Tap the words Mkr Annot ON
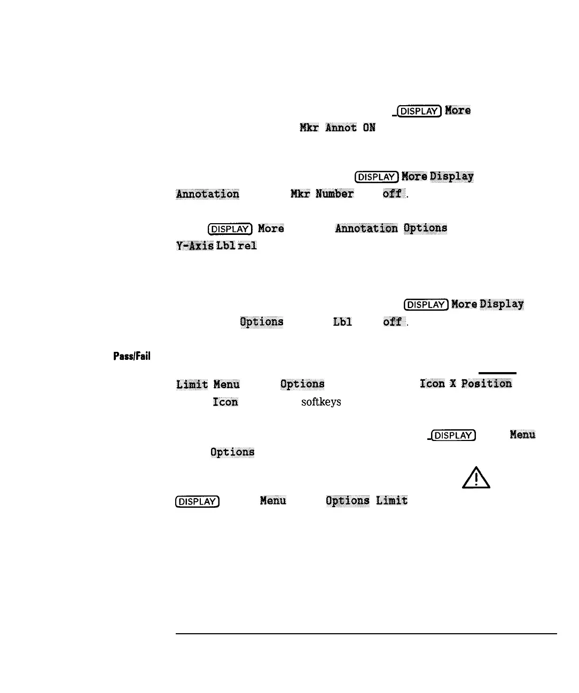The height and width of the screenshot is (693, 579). click(x=338, y=128)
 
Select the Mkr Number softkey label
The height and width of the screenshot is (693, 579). click(x=322, y=194)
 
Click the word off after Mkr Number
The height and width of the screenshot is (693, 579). click(x=392, y=194)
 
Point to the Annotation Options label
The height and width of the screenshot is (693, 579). click(x=391, y=229)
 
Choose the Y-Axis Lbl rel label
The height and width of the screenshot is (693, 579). click(x=216, y=246)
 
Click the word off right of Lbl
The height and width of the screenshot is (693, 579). click(x=392, y=322)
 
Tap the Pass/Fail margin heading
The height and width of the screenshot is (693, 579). click(x=131, y=356)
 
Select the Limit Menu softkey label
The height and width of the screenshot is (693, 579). click(x=208, y=384)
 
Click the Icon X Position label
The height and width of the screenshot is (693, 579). click(x=466, y=384)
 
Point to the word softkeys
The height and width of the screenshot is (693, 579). click(x=321, y=402)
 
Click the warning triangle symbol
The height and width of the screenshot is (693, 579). click(x=476, y=477)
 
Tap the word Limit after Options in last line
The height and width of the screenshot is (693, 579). click(x=392, y=501)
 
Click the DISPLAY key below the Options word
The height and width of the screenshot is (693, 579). click(x=197, y=501)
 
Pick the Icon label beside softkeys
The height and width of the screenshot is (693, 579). click(x=225, y=402)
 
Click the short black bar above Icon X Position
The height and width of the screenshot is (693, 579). click(x=497, y=373)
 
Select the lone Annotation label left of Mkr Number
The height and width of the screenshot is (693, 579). click(x=208, y=194)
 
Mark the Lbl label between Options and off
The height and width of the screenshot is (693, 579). click(x=342, y=322)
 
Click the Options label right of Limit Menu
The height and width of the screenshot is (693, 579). click(x=302, y=384)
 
